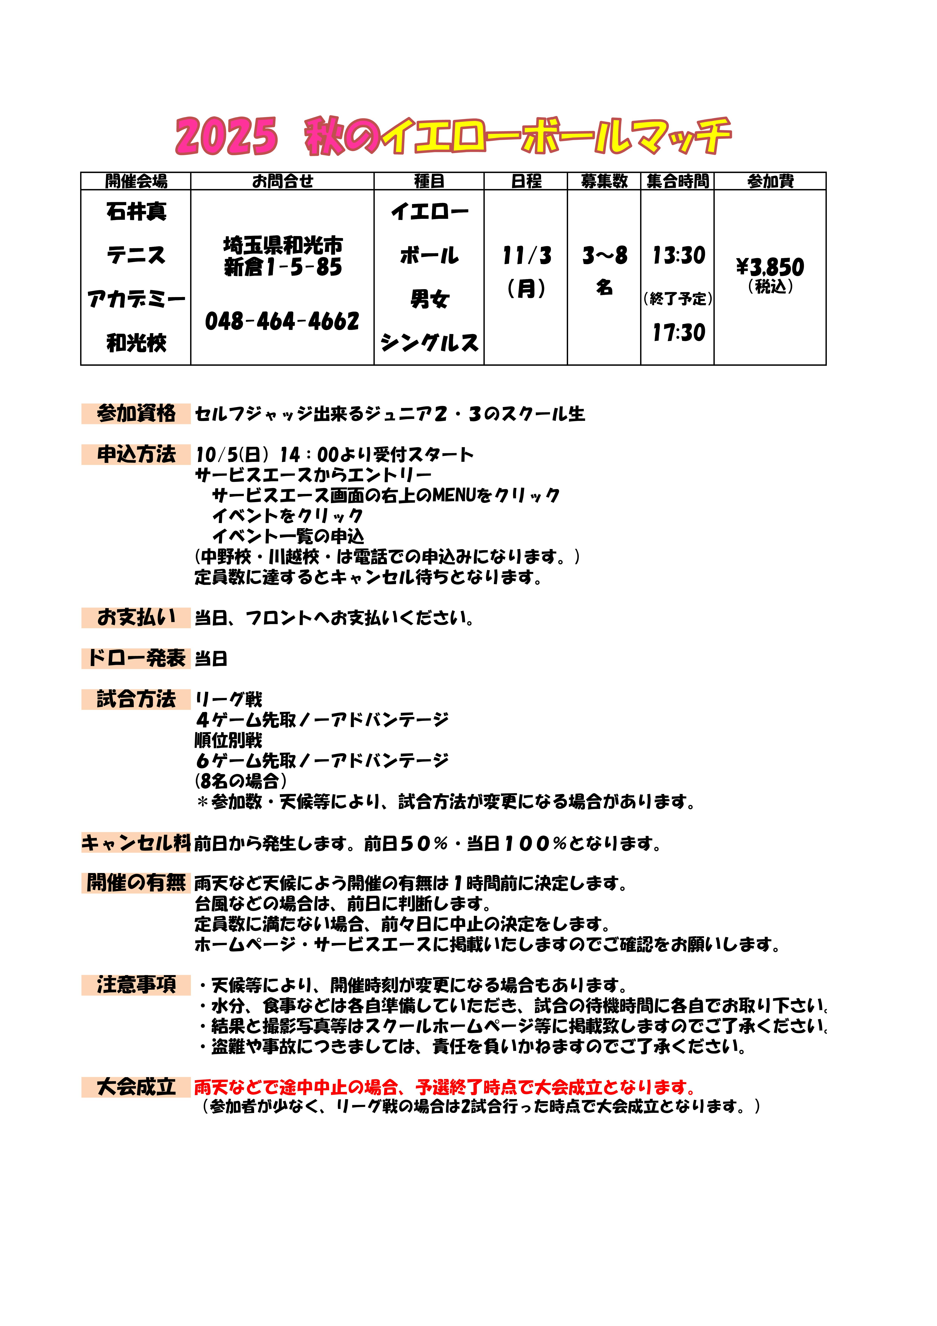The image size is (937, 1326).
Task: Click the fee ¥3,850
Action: [770, 267]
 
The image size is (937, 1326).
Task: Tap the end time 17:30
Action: [678, 333]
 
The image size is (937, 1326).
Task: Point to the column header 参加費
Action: [770, 181]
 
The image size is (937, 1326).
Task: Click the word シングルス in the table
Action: [429, 343]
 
